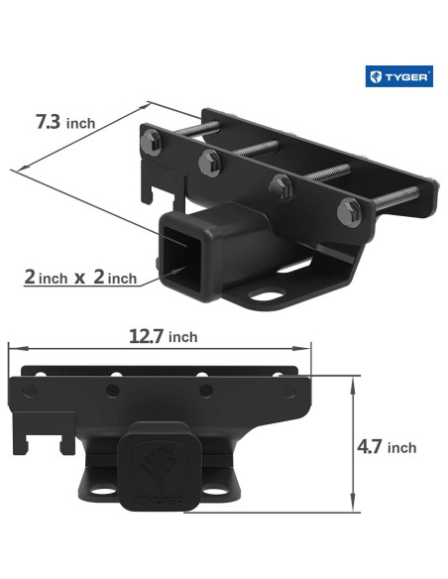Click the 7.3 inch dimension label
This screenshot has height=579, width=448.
tap(65, 123)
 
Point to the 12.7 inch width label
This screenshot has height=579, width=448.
tap(163, 336)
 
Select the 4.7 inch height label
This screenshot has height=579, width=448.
tap(387, 447)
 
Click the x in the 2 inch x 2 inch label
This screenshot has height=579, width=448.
tap(78, 279)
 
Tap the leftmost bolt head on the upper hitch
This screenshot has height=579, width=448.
tap(159, 140)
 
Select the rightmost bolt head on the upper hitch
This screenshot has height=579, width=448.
tap(349, 209)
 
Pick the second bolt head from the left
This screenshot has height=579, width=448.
tap(209, 159)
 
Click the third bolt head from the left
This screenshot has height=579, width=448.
tap(280, 183)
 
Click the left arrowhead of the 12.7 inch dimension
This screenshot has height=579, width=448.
tap(12, 348)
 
